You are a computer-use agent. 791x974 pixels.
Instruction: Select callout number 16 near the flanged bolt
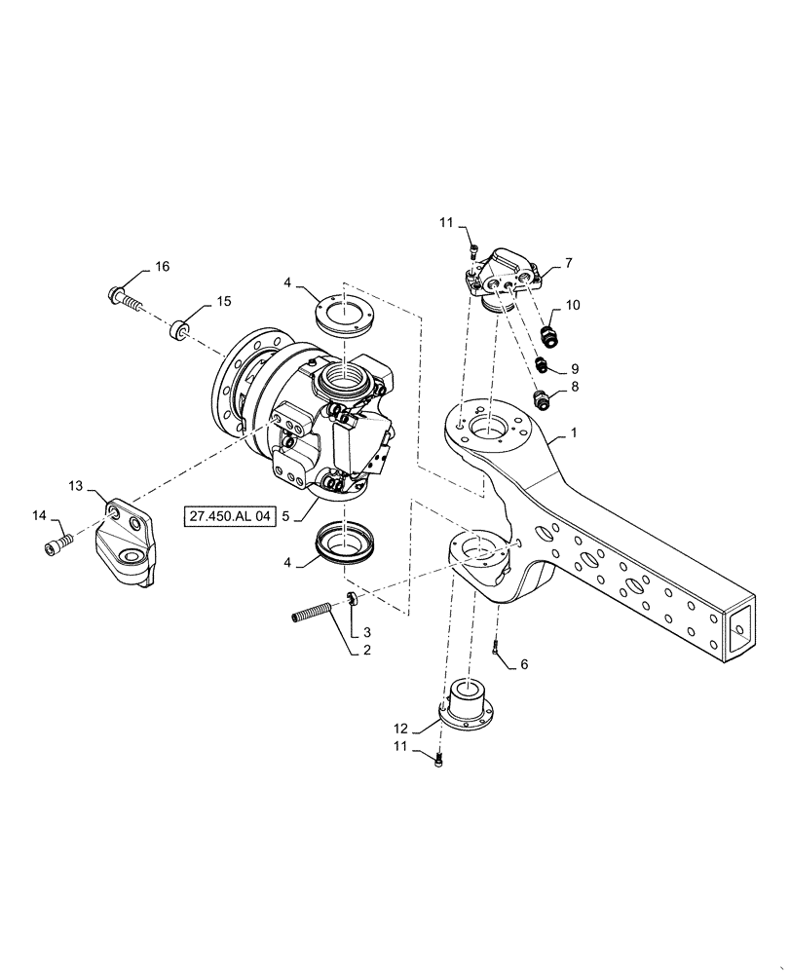pos(162,268)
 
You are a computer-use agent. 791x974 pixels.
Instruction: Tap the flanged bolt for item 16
pos(124,295)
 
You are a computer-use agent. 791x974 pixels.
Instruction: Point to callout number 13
pos(76,484)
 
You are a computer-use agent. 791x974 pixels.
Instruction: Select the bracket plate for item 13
pos(125,545)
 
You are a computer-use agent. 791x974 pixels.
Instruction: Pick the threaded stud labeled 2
pos(314,616)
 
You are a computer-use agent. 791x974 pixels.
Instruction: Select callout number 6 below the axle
pos(524,664)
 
